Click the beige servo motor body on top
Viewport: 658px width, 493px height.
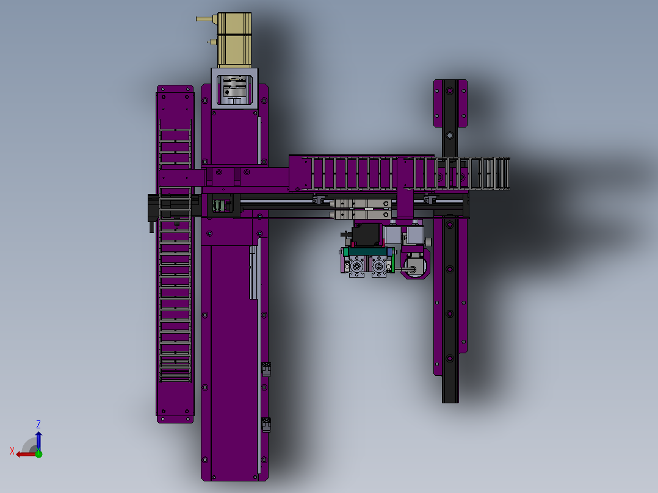[234, 40]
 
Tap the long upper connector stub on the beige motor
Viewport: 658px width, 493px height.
[206, 18]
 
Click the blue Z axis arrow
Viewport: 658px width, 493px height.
[38, 441]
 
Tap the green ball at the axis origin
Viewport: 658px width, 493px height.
[38, 453]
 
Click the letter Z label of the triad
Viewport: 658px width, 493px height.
[38, 424]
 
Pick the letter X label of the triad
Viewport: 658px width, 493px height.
[12, 451]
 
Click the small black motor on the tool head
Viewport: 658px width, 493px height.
[366, 234]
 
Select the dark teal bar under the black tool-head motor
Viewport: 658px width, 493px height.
[367, 252]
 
